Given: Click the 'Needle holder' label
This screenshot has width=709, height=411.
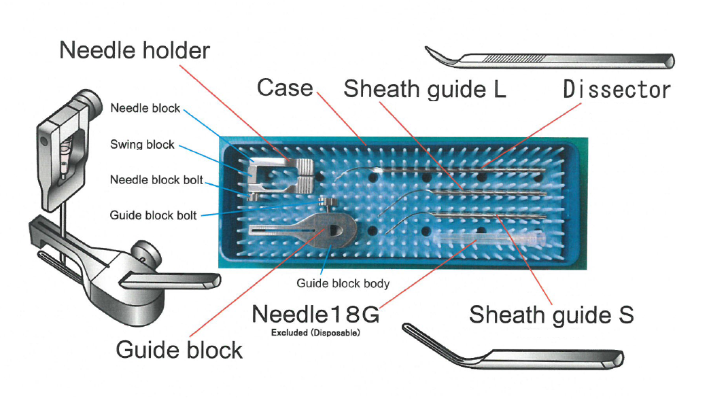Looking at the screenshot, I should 135,50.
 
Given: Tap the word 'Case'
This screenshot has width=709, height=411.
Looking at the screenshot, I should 285,88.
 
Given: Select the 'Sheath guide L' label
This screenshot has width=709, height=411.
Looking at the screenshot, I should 425,89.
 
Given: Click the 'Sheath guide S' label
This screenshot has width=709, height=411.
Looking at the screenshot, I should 551,315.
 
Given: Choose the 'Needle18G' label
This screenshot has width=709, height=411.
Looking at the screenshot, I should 315,315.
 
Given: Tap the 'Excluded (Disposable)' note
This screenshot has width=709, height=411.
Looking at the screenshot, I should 315,334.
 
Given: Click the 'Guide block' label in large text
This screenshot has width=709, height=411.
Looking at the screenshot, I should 179,349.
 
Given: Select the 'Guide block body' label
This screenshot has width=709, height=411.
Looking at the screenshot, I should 342,283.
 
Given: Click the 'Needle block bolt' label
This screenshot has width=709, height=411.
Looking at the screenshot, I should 156,181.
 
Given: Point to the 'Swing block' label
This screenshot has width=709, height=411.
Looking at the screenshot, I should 142,145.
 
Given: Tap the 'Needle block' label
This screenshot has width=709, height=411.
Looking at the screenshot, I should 145,108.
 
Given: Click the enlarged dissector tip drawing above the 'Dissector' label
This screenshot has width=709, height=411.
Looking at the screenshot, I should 551,59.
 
